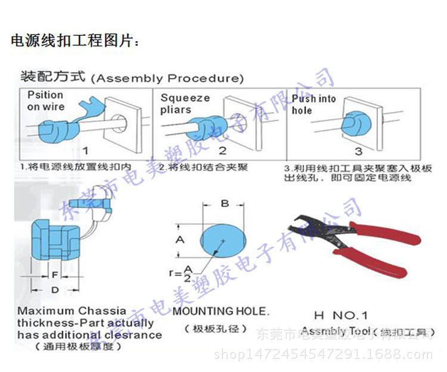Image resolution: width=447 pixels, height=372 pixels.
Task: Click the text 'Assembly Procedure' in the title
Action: point(170,78)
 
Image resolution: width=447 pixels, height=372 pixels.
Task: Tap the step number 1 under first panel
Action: point(85,150)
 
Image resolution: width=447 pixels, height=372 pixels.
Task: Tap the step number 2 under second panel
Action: point(222,150)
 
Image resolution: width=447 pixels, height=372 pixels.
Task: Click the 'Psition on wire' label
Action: point(46,101)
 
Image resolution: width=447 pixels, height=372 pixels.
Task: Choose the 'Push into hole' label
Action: point(313,104)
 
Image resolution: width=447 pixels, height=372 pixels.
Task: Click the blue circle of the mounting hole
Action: point(223,240)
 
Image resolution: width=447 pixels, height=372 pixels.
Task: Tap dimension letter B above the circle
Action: point(225,203)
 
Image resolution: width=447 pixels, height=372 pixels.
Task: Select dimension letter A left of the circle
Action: point(186,240)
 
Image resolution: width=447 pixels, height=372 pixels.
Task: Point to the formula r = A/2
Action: point(181,274)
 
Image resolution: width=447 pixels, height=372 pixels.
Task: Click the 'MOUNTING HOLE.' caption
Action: point(221,311)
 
